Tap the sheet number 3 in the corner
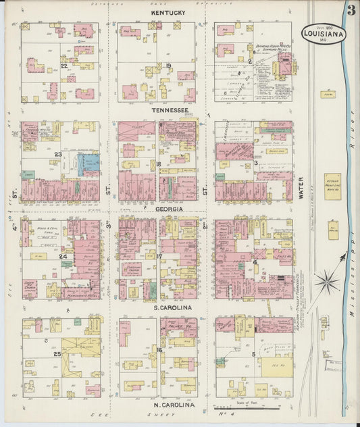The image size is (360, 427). click(x=351, y=10)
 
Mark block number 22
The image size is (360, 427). click(x=63, y=66)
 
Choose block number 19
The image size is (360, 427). click(x=169, y=66)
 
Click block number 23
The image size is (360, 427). click(x=59, y=154)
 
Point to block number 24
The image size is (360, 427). click(x=62, y=257)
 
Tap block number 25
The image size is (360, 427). click(x=57, y=354)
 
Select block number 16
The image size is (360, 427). click(x=159, y=350)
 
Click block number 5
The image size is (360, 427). click(x=253, y=354)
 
